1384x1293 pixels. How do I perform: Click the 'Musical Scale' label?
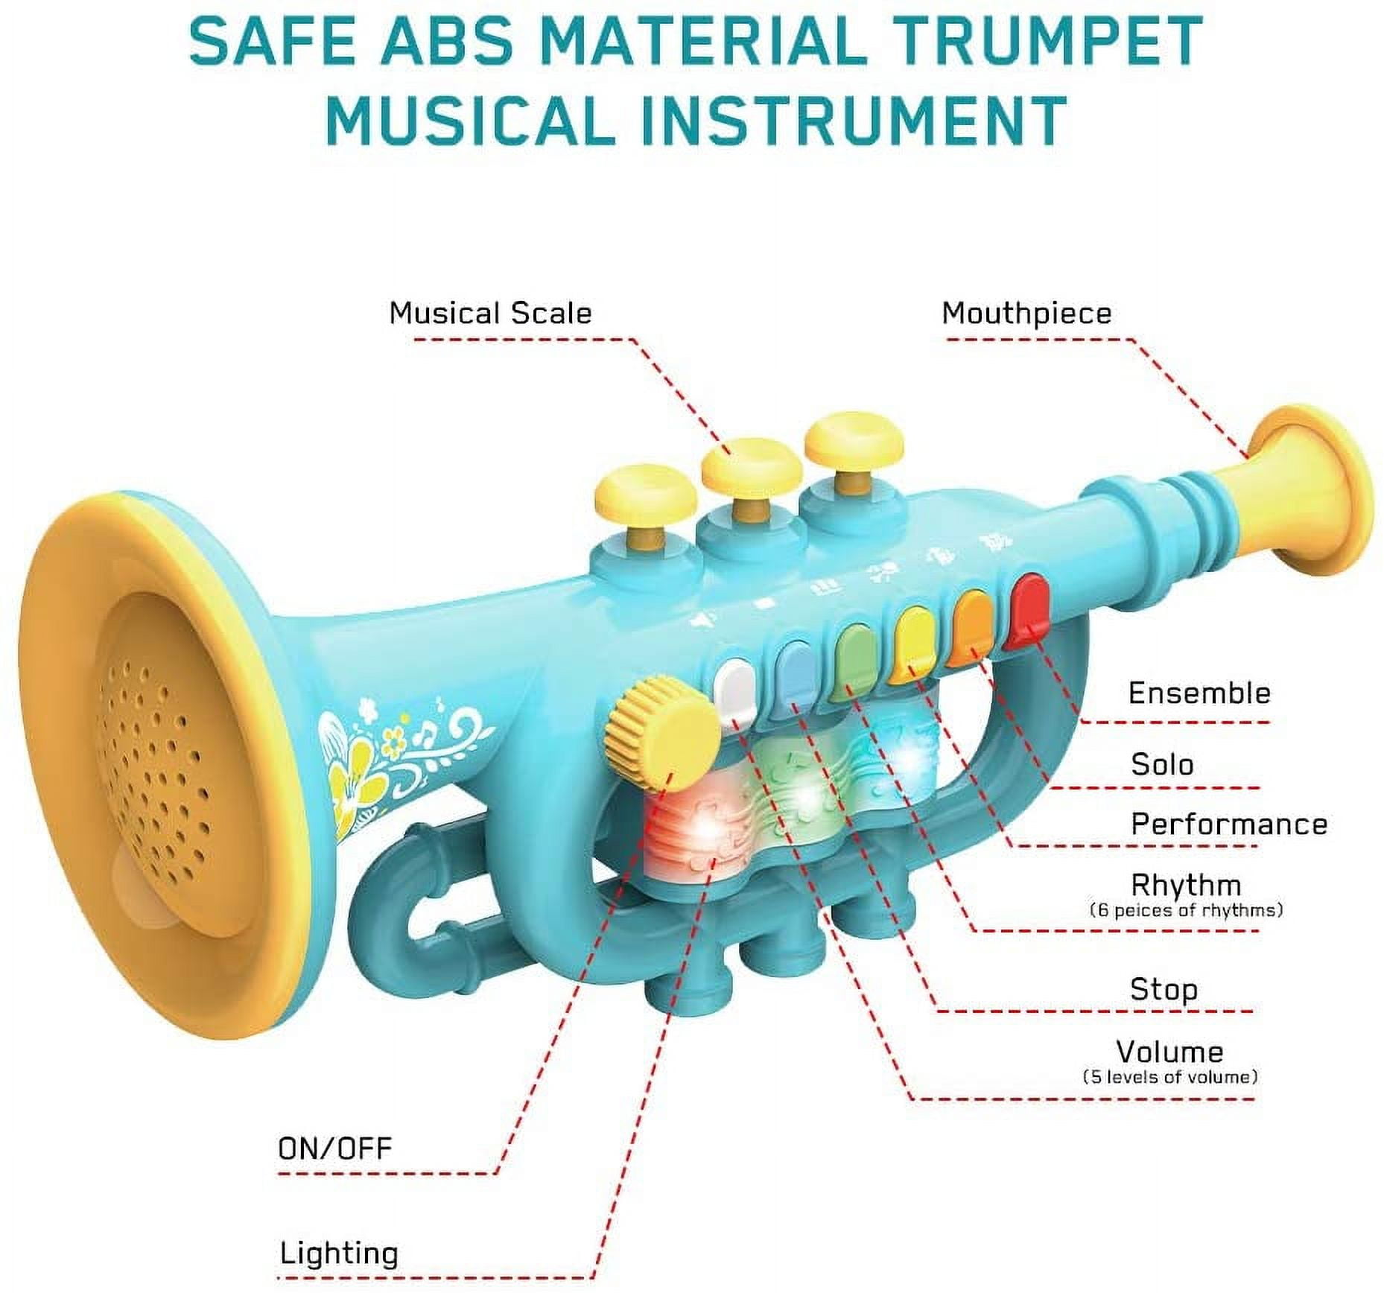pos(490,314)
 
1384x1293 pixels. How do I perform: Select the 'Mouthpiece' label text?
pos(1026,314)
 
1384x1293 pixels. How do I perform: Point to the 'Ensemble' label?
pos(1199,693)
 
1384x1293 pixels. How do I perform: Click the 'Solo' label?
pos(1162,764)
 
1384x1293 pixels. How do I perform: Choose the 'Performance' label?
pos(1229,824)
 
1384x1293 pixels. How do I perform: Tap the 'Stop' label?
pos(1164,989)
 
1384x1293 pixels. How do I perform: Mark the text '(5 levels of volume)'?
pos(1169,1077)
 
